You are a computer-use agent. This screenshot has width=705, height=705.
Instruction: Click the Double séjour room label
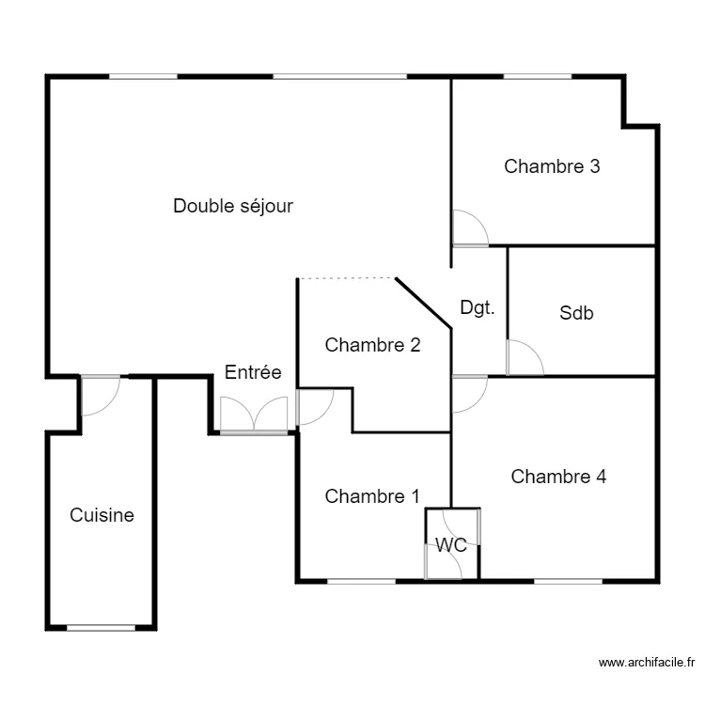pos(233,206)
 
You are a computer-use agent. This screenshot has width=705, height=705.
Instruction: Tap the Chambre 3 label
pos(552,166)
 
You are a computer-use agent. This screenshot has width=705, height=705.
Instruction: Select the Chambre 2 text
pos(372,345)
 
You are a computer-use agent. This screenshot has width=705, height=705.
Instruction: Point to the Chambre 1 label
pos(372,496)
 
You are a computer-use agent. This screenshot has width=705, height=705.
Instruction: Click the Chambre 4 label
pos(558,477)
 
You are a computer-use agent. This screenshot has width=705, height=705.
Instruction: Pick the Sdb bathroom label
pos(576,314)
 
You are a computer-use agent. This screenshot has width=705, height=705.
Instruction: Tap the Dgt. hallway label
pos(478,307)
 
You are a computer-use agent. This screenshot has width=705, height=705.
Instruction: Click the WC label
pos(451,544)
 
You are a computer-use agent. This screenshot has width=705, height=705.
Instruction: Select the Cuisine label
pos(102,515)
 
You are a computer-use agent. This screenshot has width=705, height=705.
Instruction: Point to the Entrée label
pos(253,372)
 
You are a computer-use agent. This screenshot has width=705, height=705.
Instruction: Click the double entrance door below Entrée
pos(253,415)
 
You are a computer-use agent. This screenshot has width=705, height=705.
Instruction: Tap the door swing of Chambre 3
pos(469,228)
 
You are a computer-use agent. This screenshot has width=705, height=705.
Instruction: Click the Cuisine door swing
pos(100,395)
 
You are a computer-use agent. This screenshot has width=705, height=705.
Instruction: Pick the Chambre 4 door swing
pos(469,394)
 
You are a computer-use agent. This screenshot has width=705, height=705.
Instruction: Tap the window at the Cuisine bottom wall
pos(101,627)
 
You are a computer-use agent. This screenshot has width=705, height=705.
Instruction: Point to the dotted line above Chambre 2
pos(346,278)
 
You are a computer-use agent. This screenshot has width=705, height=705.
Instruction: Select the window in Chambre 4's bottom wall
pos(568,580)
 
